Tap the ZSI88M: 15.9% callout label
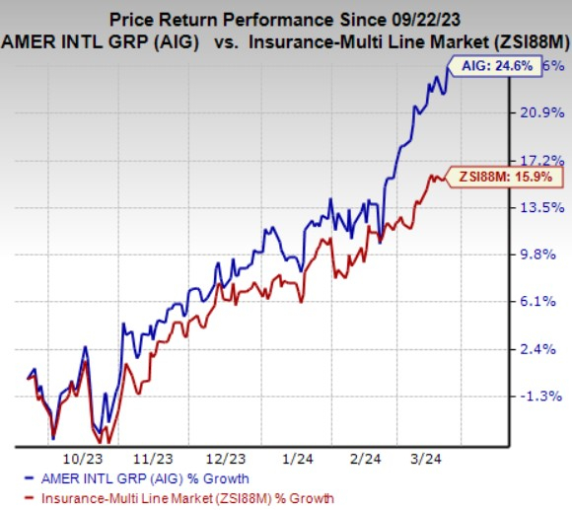click(x=506, y=178)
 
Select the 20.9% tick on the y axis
click(x=541, y=112)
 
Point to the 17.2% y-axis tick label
click(x=541, y=160)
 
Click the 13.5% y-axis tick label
click(x=541, y=207)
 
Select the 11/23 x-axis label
click(x=154, y=460)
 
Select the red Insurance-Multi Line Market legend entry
click(x=187, y=498)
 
